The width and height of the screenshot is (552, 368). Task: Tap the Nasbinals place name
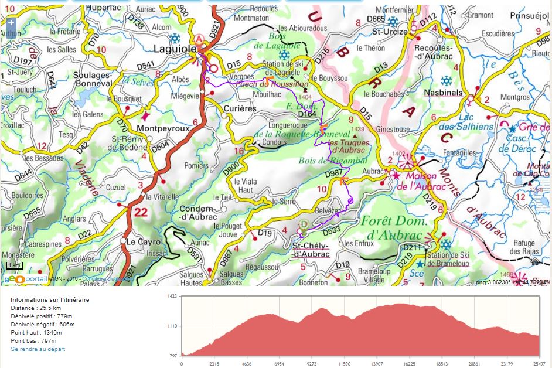[443, 93]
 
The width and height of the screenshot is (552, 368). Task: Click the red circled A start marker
[199, 39]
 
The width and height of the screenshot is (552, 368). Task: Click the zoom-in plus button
[11, 22]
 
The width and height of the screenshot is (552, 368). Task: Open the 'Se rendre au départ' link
[38, 349]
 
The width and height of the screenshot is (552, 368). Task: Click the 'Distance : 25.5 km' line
[36, 308]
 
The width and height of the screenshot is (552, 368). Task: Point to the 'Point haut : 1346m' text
[36, 332]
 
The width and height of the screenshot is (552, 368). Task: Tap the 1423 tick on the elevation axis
[172, 297]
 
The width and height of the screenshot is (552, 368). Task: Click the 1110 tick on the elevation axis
[172, 326]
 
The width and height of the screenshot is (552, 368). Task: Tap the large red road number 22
[141, 213]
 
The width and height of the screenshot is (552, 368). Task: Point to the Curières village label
[240, 108]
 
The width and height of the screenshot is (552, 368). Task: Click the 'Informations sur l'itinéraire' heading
[50, 299]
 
